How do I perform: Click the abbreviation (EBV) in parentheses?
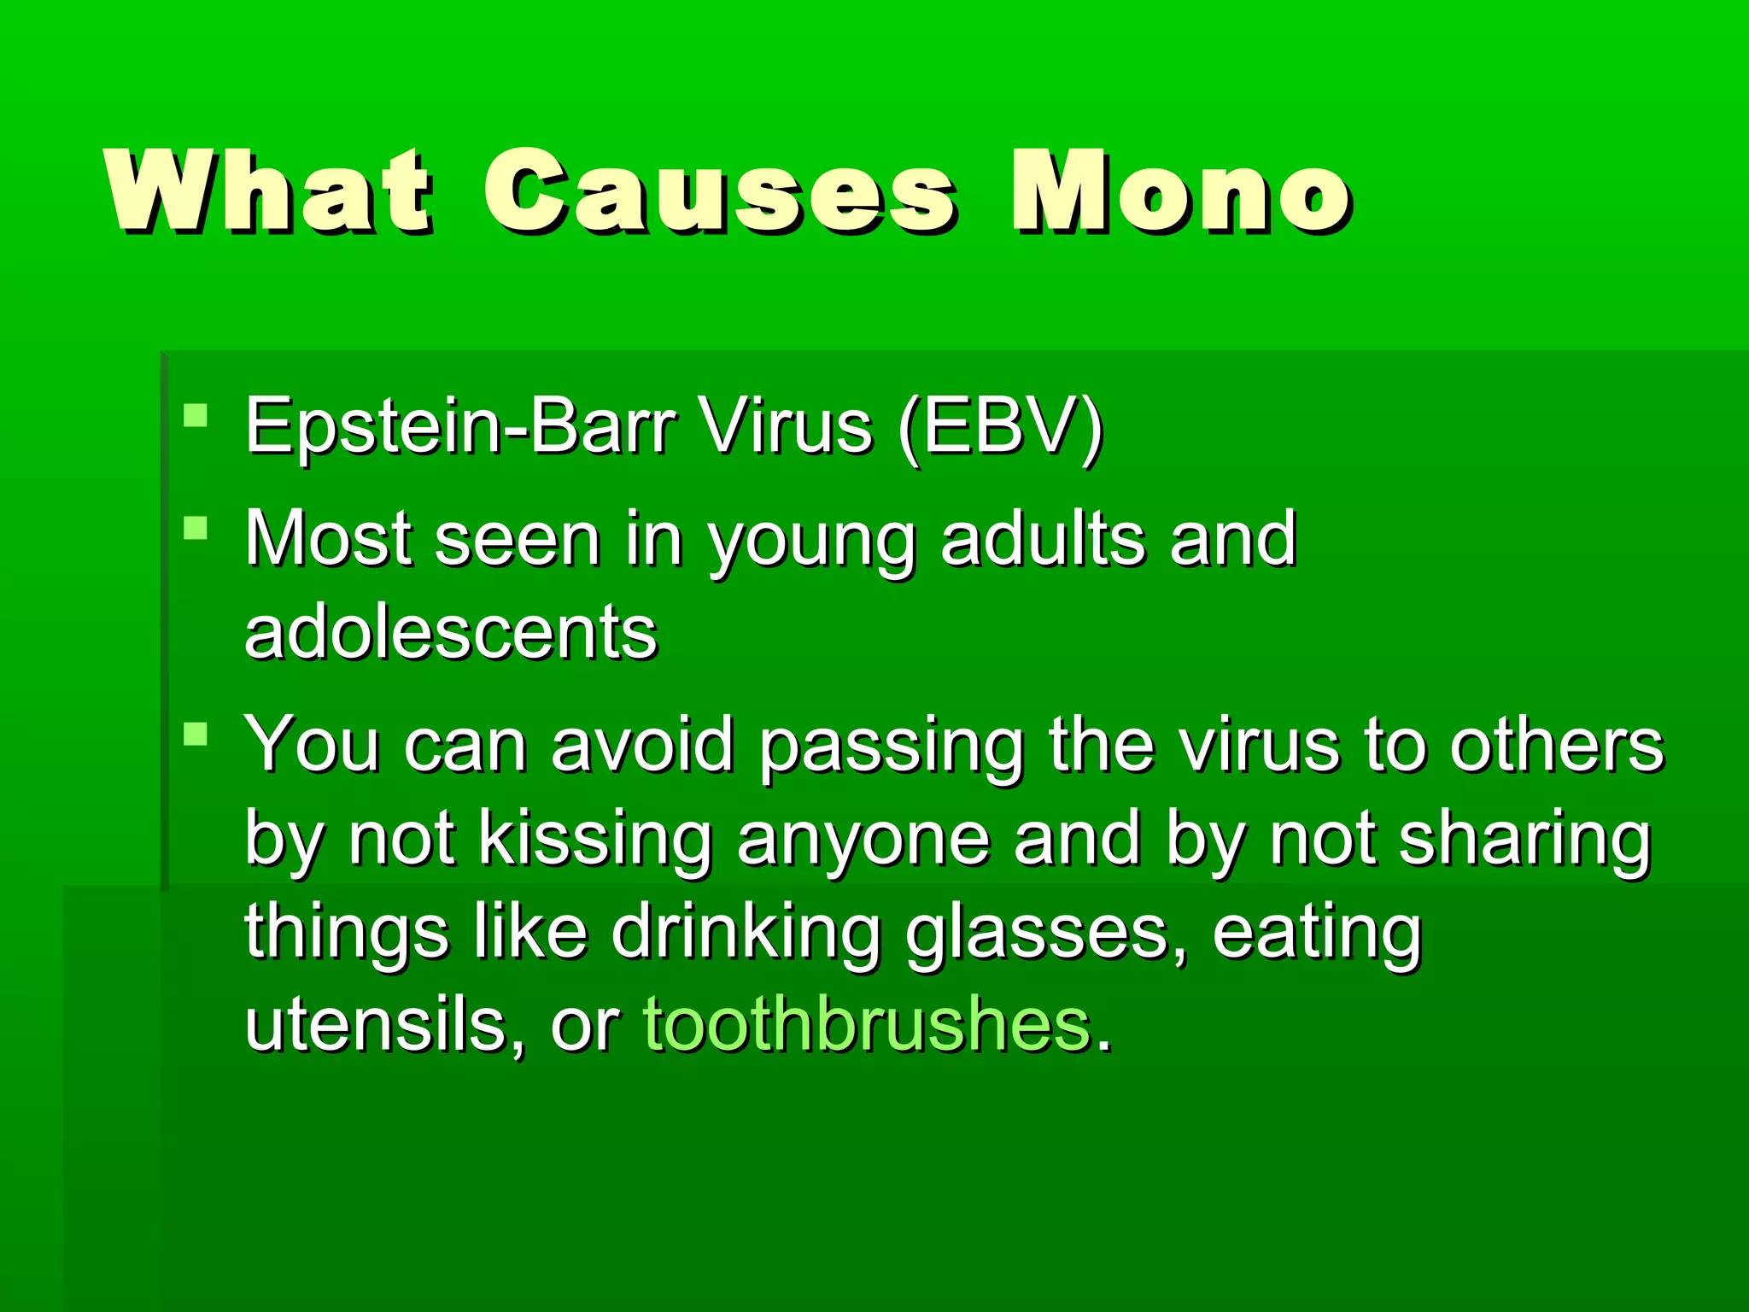coord(1000,426)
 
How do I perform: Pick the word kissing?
coord(595,840)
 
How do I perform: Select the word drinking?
coord(746,934)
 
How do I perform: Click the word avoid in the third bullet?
coord(643,744)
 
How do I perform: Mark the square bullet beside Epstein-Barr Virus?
coord(196,415)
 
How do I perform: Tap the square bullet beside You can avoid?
coord(196,734)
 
